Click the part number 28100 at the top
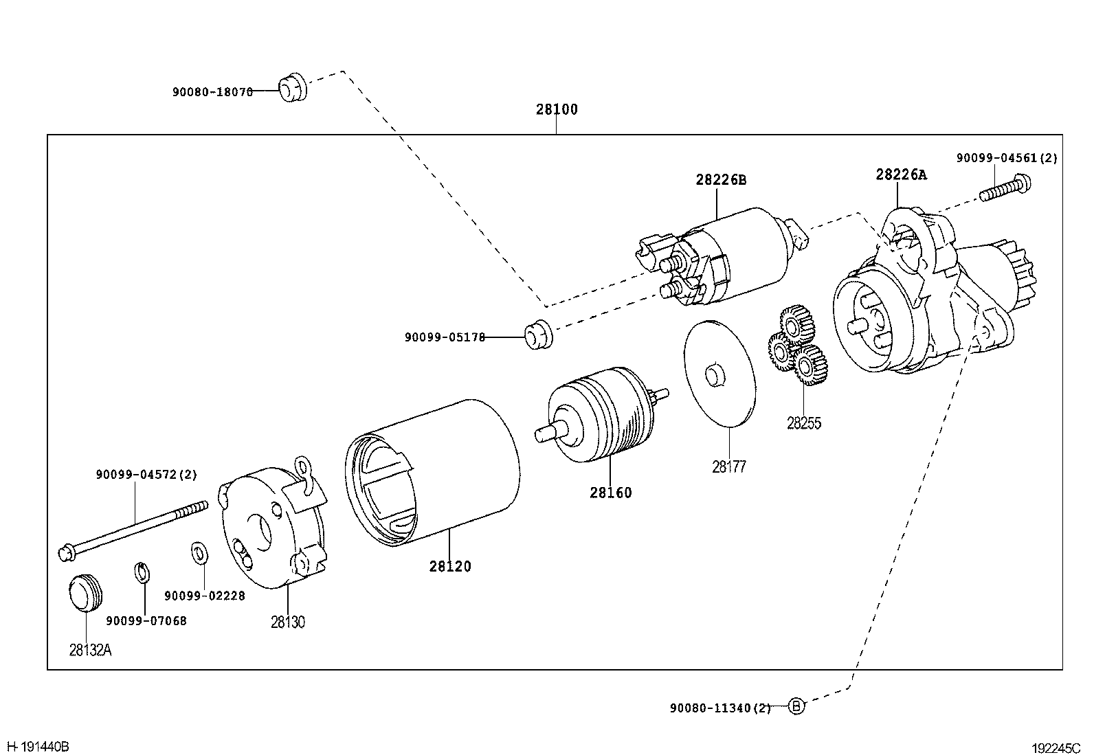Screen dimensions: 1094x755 (557, 109)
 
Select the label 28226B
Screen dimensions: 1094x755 (721, 180)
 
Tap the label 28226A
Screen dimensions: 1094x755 (901, 174)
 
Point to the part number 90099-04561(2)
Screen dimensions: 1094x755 (1007, 158)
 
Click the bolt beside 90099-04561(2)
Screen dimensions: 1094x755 (1005, 188)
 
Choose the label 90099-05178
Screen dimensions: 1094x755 (445, 337)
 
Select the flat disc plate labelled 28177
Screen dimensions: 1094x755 (720, 374)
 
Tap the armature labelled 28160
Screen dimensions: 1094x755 (602, 415)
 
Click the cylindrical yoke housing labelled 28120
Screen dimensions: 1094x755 (432, 473)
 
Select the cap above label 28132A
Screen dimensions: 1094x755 (85, 593)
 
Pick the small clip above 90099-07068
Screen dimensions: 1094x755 (142, 572)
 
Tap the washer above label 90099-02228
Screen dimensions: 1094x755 (199, 552)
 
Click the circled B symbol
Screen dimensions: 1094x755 (796, 706)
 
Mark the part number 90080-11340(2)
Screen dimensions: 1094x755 (720, 708)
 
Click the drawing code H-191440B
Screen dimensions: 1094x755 (38, 747)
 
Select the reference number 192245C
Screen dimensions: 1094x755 (1056, 748)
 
